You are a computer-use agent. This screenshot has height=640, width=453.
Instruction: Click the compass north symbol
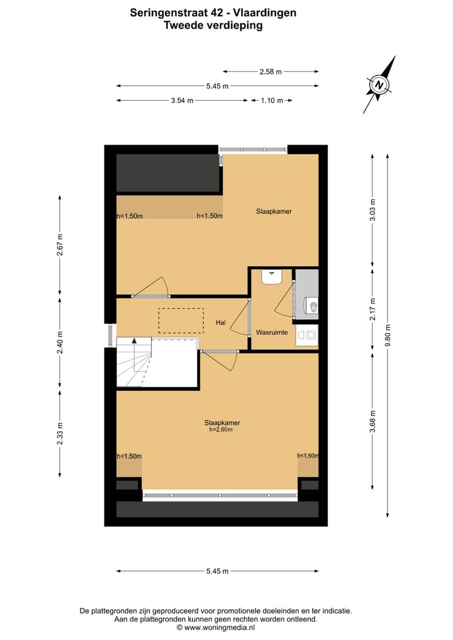379,84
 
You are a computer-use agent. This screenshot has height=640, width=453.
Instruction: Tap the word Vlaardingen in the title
265,12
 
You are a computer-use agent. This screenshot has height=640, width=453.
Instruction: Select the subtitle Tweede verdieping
213,26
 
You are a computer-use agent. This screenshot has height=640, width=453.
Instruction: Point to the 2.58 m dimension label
271,72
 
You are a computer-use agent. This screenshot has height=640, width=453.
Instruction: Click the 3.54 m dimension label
182,100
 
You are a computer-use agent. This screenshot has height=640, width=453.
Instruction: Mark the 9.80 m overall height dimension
388,335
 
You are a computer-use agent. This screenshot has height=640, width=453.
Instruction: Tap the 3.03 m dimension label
372,215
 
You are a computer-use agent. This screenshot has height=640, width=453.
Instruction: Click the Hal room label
220,323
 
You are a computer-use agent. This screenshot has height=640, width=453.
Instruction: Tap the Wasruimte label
272,332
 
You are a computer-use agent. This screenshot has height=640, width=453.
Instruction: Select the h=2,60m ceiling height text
221,430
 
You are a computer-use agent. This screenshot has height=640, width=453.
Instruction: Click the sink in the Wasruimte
272,277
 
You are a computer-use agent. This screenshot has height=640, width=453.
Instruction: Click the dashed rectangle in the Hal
181,320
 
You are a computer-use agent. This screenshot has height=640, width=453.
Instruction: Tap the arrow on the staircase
134,340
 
